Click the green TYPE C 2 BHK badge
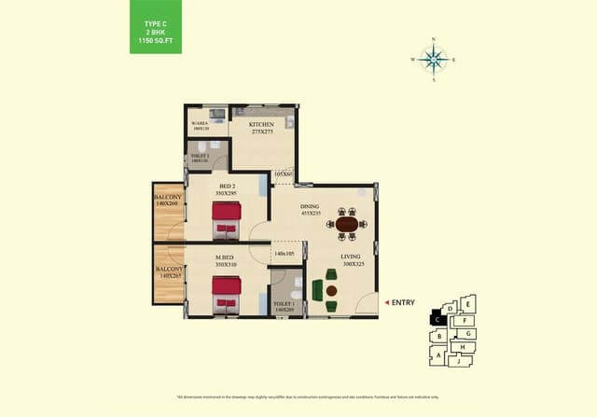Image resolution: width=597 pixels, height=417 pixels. [156, 26]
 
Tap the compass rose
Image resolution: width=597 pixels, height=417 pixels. [433, 60]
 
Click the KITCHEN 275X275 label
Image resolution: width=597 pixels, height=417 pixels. [262, 128]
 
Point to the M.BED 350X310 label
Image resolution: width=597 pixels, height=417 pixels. [227, 261]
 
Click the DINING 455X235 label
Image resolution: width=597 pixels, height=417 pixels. [311, 209]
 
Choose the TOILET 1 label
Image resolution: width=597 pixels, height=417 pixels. [285, 305]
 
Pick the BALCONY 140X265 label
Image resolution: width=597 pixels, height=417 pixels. [169, 272]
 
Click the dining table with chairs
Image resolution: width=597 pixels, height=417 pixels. [347, 224]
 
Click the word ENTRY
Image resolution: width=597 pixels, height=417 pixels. [403, 302]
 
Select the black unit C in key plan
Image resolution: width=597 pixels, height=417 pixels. [437, 319]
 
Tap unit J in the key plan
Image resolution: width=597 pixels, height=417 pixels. [460, 360]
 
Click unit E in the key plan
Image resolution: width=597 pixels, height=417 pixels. [467, 303]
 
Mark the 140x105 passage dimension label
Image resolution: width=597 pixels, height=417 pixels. [285, 253]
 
